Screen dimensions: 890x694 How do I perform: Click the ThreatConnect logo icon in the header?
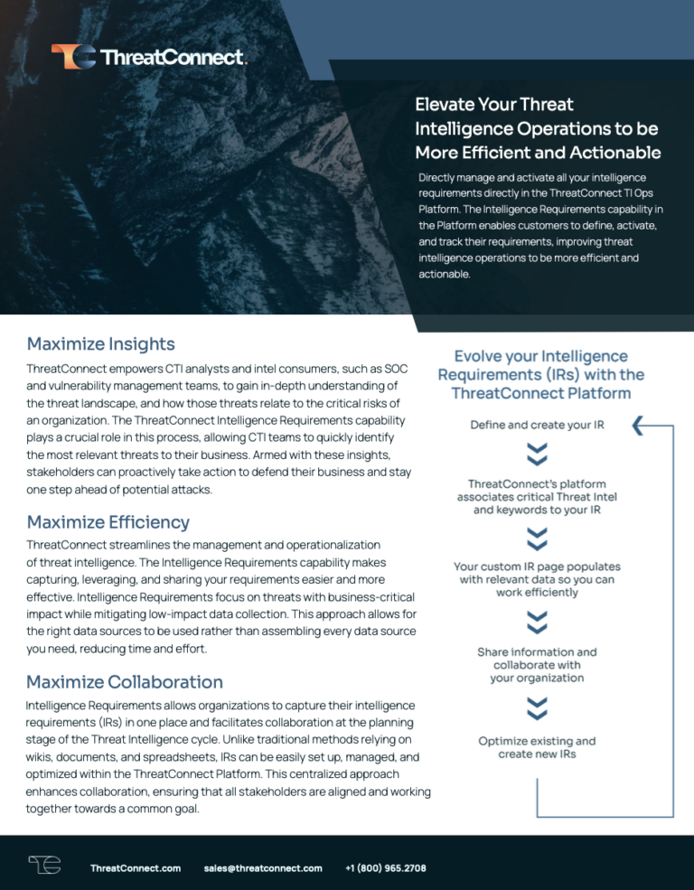(72, 57)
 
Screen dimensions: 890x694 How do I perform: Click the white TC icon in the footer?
(44, 866)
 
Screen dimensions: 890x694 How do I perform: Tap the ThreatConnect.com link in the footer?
(136, 868)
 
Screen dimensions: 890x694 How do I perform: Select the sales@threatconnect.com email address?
(263, 868)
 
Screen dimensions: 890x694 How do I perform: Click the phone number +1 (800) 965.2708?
(386, 868)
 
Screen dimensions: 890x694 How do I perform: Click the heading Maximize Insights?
(101, 343)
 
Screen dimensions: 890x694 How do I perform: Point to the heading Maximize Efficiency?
(108, 521)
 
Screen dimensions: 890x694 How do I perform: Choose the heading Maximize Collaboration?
(125, 680)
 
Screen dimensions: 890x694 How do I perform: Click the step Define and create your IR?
(537, 425)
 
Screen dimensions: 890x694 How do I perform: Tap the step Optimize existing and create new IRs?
(537, 747)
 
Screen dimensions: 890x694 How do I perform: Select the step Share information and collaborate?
(537, 664)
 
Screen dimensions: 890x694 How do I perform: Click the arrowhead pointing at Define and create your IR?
(638, 426)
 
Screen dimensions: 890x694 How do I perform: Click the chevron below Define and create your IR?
(537, 454)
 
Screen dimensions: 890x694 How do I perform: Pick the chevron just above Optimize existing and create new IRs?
(537, 707)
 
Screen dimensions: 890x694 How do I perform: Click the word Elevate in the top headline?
(447, 105)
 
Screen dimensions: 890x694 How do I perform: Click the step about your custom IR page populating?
(537, 579)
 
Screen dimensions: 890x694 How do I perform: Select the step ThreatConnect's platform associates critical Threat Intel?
(537, 497)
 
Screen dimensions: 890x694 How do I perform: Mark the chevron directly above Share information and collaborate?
(537, 622)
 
